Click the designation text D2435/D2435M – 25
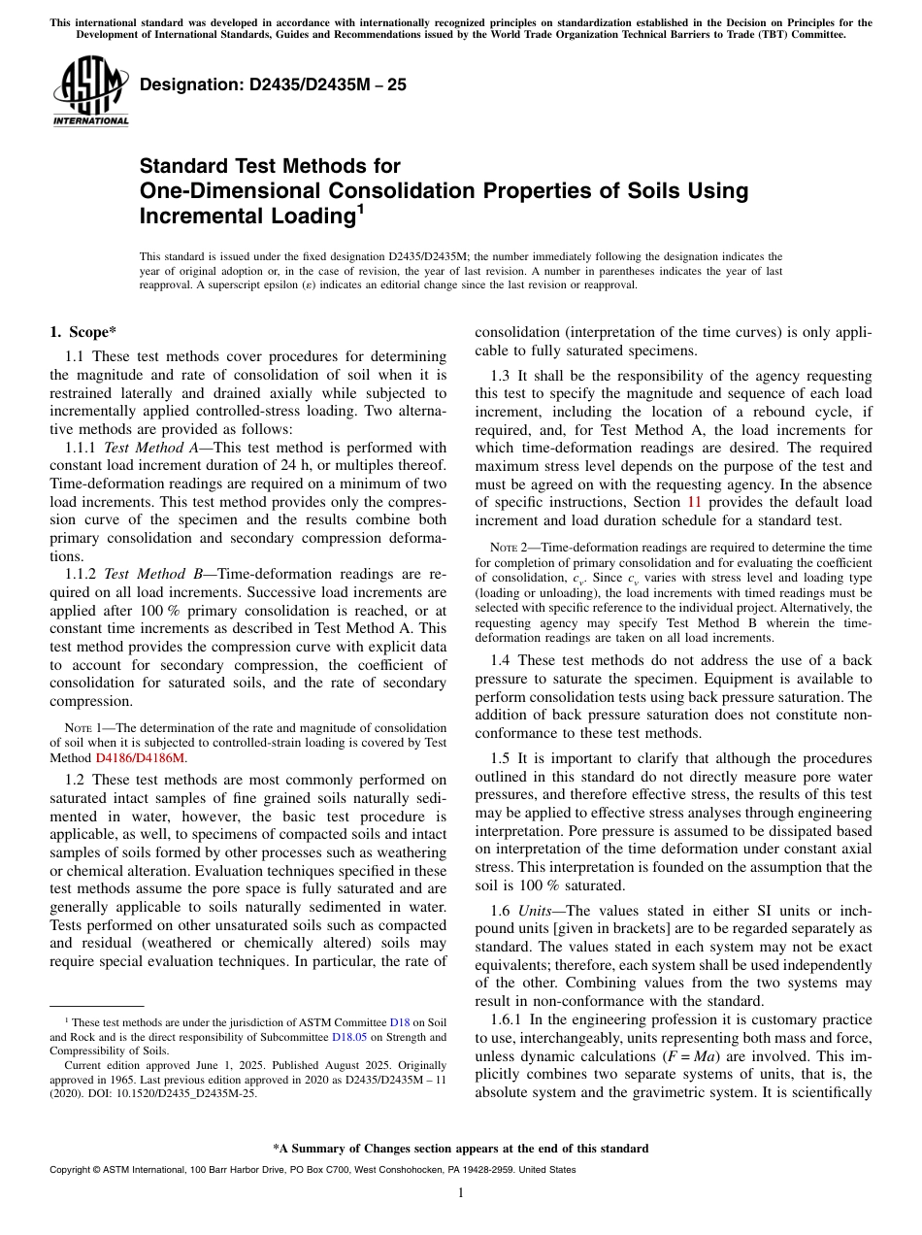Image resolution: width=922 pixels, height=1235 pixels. (273, 84)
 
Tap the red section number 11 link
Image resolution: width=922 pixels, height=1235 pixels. (694, 502)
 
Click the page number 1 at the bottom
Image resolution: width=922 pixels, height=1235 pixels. (460, 1192)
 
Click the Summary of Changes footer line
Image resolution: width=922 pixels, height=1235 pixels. (460, 1149)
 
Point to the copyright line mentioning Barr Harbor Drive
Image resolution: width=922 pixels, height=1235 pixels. (312, 1170)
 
